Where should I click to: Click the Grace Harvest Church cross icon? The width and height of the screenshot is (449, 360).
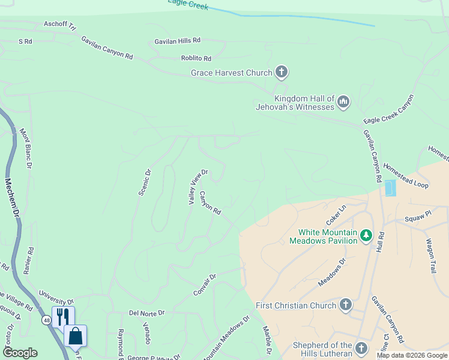tap(282, 73)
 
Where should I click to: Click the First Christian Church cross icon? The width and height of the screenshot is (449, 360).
tap(345, 305)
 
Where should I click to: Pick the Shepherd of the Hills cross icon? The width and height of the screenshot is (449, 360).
tap(361, 349)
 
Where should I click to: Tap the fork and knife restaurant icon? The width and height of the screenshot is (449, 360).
tap(63, 316)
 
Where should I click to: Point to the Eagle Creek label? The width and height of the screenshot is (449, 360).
tap(188, 5)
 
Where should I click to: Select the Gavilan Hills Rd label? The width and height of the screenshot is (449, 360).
tap(177, 40)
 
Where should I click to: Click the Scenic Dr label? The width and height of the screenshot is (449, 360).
tap(145, 182)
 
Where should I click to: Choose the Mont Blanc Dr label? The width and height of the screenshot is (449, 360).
tap(26, 148)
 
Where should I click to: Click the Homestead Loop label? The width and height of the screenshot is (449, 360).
tap(406, 176)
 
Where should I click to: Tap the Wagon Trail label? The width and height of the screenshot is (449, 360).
tap(430, 256)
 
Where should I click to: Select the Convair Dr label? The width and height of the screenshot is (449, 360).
tap(204, 285)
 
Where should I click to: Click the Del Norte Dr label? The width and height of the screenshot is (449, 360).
tap(146, 313)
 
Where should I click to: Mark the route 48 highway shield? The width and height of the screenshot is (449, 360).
tap(46, 320)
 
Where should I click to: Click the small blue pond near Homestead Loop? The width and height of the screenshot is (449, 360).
tap(390, 188)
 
